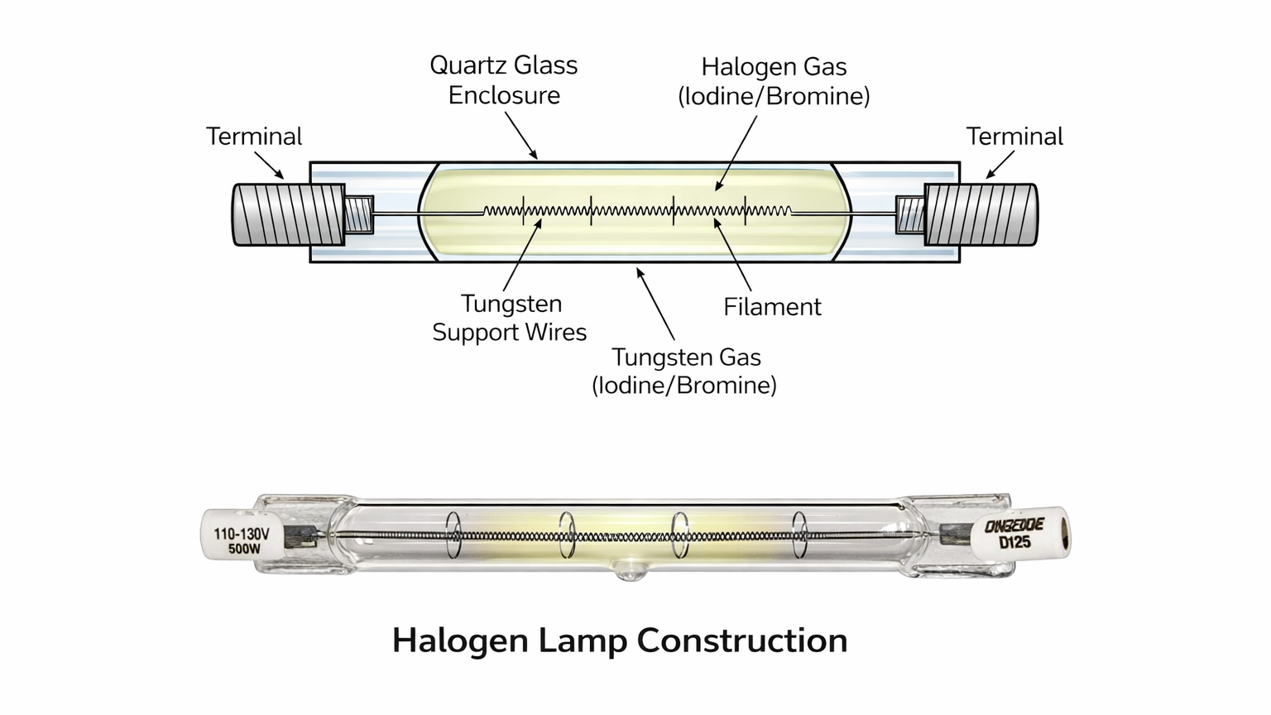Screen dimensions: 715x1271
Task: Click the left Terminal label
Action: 254,137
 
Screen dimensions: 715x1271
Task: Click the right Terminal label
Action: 1014,137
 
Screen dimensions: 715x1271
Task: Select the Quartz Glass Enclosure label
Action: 504,80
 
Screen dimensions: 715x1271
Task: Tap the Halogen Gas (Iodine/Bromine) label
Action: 774,81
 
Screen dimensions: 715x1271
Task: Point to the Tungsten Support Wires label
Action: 510,318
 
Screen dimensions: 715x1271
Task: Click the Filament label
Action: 772,307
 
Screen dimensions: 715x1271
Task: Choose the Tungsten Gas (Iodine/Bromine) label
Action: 685,371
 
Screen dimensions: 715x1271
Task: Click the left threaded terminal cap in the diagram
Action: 287,215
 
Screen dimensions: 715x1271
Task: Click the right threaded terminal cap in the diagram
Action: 981,215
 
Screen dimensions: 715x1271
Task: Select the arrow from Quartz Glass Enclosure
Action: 521,135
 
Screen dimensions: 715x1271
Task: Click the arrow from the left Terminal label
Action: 271,166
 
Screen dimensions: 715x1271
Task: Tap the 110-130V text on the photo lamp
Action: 242,534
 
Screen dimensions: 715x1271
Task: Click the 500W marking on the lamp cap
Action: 244,549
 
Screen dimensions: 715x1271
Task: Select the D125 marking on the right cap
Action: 1014,543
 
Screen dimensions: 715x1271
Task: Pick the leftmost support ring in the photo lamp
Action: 453,534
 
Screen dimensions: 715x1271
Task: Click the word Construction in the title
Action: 742,641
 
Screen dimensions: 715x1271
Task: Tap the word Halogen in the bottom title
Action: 459,641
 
